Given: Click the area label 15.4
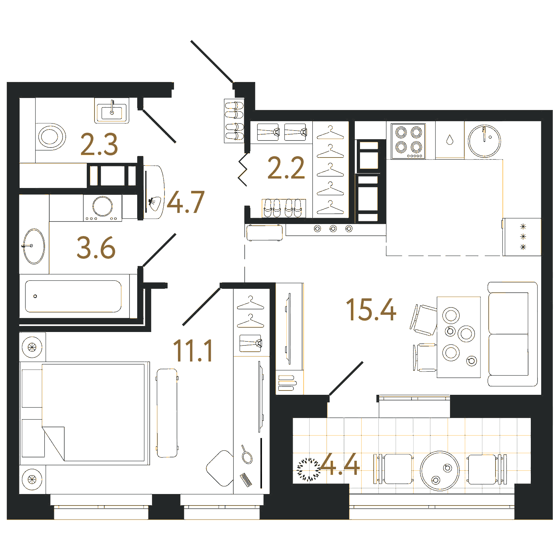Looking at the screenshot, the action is tap(371, 310).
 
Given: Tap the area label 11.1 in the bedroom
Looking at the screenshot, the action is tap(193, 351).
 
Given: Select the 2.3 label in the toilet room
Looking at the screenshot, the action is tap(99, 144).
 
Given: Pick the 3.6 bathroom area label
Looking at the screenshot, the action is tap(96, 248).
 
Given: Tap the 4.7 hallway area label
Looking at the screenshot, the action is tap(186, 202).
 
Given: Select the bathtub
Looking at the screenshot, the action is tap(73, 296).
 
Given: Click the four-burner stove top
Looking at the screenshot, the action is tap(408, 141).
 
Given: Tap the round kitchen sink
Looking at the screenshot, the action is tap(484, 141).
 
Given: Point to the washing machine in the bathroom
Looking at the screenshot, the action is tap(102, 208).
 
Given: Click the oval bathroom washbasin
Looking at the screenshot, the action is tap(34, 246).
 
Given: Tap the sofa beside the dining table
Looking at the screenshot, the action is tap(512, 334).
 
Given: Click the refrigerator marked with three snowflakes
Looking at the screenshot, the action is tap(522, 237).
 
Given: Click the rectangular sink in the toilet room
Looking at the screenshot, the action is tap(112, 110).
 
